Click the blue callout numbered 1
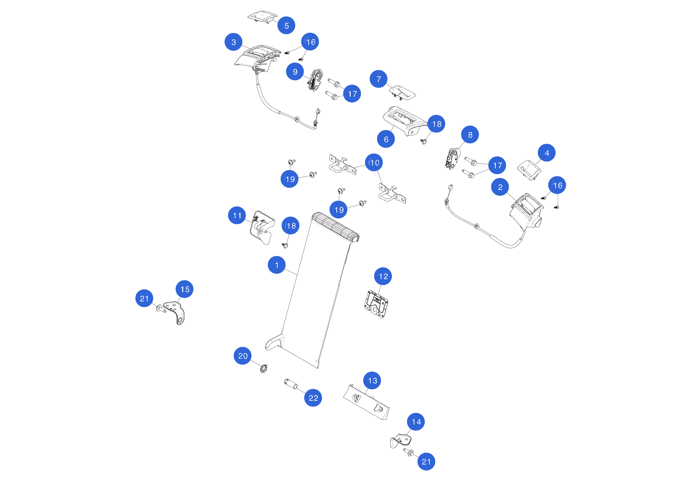click(x=276, y=265)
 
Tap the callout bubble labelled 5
click(x=286, y=25)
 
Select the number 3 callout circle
click(x=233, y=42)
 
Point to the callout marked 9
click(x=295, y=72)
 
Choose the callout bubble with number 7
click(x=379, y=79)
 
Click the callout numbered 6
click(x=386, y=139)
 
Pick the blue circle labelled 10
click(x=374, y=162)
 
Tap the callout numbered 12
click(x=383, y=276)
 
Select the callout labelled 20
click(x=243, y=356)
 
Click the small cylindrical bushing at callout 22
click(x=291, y=384)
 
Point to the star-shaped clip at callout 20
click(x=264, y=369)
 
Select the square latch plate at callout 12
click(x=376, y=304)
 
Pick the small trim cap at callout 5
click(x=262, y=16)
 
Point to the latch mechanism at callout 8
click(x=452, y=159)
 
